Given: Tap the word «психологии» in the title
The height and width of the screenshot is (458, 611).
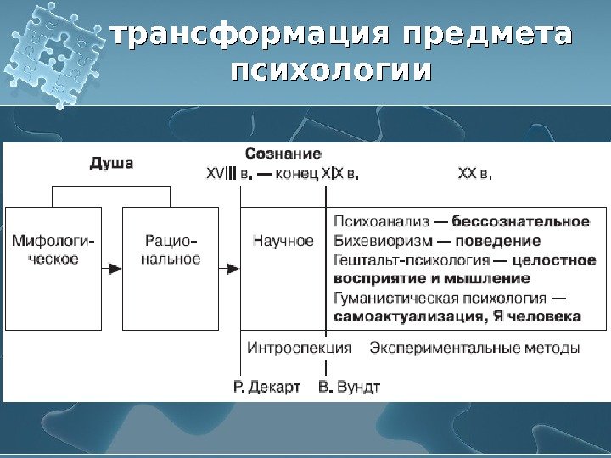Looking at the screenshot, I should click(x=330, y=69).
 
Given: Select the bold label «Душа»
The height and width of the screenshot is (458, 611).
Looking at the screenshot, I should click(x=111, y=163).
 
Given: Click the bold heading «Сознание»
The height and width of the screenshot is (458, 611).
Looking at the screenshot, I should click(x=283, y=154).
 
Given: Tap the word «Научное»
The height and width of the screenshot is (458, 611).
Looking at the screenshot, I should click(x=283, y=241).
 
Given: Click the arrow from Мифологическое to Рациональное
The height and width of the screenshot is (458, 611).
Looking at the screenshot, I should click(x=112, y=268).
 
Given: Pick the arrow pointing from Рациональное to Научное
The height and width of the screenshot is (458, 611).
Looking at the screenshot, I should click(x=230, y=268).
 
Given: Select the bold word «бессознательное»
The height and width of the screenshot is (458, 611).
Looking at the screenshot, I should click(x=521, y=222).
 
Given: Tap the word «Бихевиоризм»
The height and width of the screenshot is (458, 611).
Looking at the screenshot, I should click(x=379, y=241).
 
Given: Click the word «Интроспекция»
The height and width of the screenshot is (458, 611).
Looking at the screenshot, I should click(x=300, y=348).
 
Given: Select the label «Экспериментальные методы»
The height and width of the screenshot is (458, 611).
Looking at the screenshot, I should click(x=475, y=348).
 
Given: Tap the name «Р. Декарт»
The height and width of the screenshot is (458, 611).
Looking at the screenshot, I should click(x=266, y=387).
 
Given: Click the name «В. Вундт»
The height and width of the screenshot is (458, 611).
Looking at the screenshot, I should click(x=349, y=387).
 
